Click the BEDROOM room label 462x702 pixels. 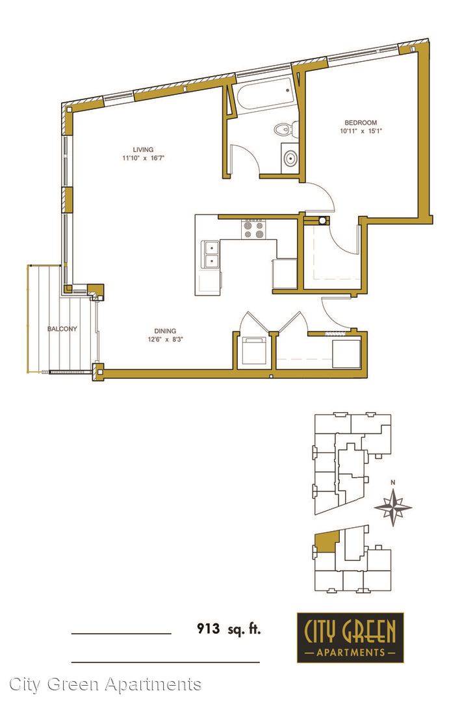pyautogui.click(x=361, y=122)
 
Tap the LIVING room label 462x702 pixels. pyautogui.click(x=143, y=149)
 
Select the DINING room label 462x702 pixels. pyautogui.click(x=165, y=331)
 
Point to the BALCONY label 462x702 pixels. pyautogui.click(x=62, y=329)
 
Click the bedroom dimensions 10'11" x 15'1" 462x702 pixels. pyautogui.click(x=361, y=131)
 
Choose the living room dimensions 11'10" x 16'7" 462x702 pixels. pyautogui.click(x=140, y=158)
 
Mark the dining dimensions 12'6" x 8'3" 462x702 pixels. pyautogui.click(x=166, y=339)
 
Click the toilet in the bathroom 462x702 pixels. pyautogui.click(x=284, y=129)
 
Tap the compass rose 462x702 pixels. pyautogui.click(x=392, y=507)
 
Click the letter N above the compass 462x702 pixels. pyautogui.click(x=392, y=482)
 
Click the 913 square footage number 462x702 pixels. pyautogui.click(x=209, y=629)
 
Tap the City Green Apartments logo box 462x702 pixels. pyautogui.click(x=350, y=638)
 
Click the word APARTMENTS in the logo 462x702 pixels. pyautogui.click(x=350, y=652)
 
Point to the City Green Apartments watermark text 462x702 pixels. pyautogui.click(x=105, y=684)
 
